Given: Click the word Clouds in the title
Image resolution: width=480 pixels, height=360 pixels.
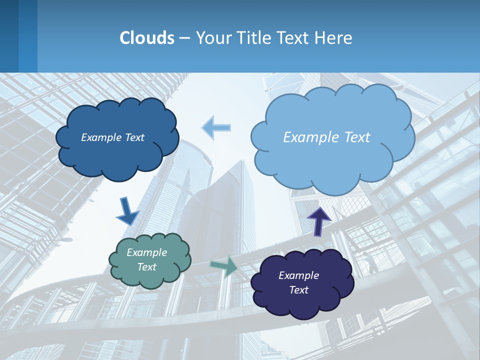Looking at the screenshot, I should click(x=146, y=38).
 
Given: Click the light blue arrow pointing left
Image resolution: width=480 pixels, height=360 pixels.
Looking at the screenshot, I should click(x=216, y=127).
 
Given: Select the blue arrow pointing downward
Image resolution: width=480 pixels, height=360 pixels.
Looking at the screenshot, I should click(x=127, y=211).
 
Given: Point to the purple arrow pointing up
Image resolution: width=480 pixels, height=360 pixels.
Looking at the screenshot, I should click(x=318, y=220).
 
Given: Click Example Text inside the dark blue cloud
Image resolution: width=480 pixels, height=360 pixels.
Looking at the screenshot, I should click(x=112, y=137).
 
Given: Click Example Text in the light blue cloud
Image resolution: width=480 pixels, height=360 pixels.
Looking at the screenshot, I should click(x=326, y=137).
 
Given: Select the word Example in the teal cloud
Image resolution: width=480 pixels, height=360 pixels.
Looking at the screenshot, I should click(x=146, y=252).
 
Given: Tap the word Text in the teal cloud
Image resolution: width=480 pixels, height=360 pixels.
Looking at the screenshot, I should click(x=146, y=267).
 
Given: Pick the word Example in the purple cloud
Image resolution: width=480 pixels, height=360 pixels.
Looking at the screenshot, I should click(x=298, y=275).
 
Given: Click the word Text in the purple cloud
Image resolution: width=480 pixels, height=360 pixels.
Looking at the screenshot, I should click(x=298, y=290).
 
